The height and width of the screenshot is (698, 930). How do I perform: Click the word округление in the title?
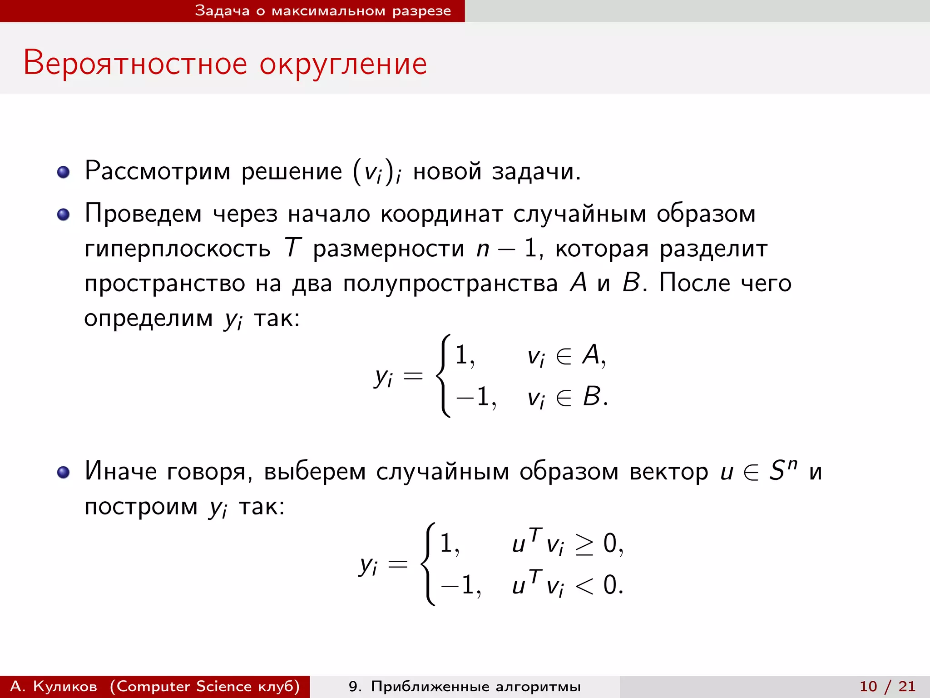343,64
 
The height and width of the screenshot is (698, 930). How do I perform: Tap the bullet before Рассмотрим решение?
64,172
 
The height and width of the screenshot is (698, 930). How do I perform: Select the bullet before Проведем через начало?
64,214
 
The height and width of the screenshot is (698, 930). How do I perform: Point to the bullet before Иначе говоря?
64,472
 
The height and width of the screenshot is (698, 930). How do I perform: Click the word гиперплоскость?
177,249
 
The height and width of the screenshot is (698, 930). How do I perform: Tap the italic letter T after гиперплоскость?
292,248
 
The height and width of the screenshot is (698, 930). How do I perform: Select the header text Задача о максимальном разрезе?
323,11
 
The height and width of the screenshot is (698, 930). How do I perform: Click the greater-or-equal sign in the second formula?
584,544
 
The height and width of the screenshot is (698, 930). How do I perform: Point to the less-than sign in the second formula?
584,586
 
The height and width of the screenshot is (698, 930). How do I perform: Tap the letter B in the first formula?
592,396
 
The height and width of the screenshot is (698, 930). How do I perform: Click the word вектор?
668,472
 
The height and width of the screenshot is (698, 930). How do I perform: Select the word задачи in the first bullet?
536,172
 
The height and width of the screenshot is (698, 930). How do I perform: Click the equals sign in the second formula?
398,565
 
